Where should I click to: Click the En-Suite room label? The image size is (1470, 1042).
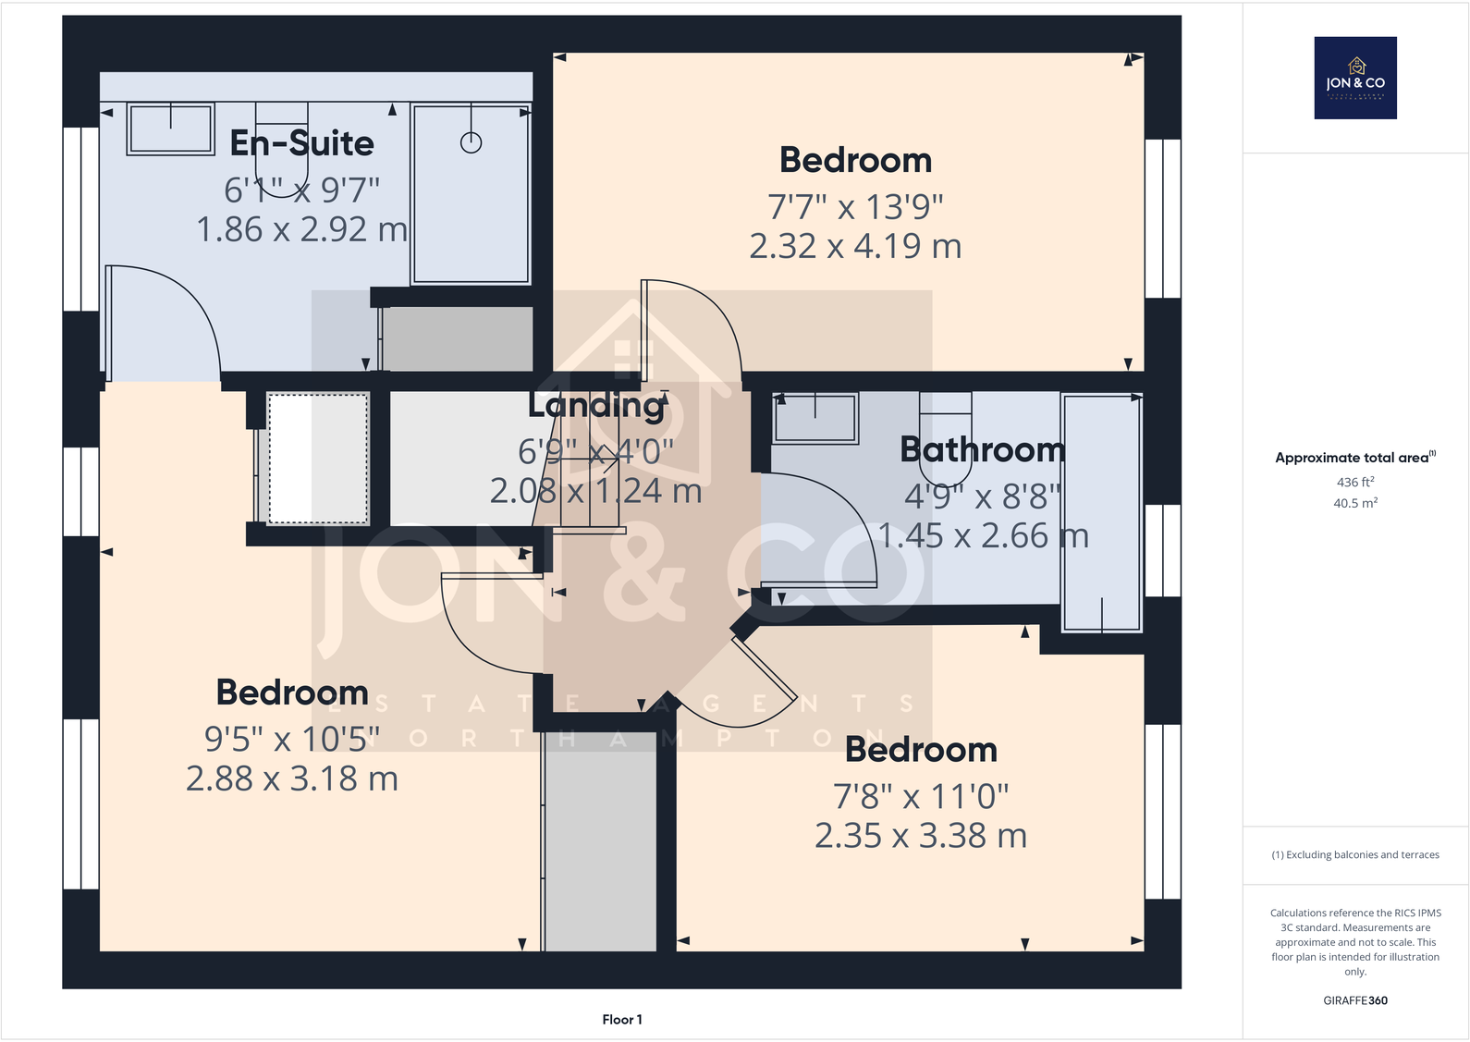(x=301, y=143)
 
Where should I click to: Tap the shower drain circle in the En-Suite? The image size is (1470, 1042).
(x=472, y=143)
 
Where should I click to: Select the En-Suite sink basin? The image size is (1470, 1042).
(x=171, y=129)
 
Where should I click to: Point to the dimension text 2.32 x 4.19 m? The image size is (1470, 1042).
(x=855, y=247)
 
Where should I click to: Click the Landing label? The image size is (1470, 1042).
(x=597, y=405)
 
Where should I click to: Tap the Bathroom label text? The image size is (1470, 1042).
(x=982, y=450)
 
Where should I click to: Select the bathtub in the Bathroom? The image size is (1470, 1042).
(x=1101, y=513)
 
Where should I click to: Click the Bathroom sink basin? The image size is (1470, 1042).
(x=815, y=418)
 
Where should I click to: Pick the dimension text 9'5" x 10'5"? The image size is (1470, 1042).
(x=292, y=740)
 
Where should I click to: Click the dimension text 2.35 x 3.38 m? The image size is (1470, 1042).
(x=921, y=837)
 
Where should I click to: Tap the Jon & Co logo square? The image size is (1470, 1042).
(x=1355, y=78)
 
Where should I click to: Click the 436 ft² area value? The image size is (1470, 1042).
(x=1355, y=483)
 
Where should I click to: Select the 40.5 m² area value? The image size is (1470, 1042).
(x=1355, y=504)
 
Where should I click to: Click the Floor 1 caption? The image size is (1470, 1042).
(x=622, y=1020)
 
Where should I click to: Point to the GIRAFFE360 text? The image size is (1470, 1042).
(x=1355, y=1000)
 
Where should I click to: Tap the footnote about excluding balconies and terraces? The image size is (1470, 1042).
(x=1355, y=855)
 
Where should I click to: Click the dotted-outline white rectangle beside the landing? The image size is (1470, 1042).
(x=318, y=459)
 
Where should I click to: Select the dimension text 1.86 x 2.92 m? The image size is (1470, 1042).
(x=301, y=230)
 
